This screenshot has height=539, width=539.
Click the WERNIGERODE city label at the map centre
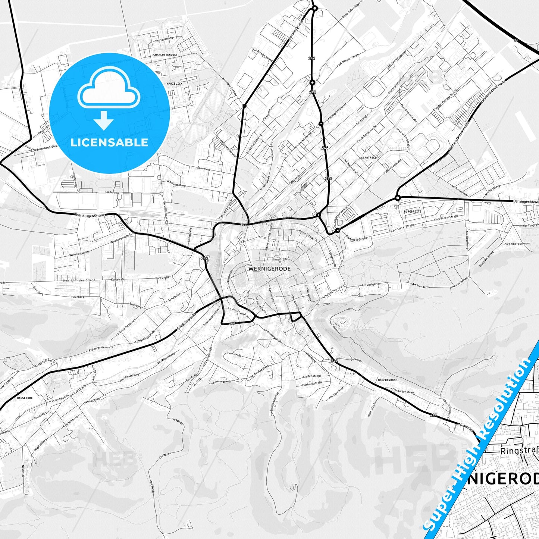coord(269,269)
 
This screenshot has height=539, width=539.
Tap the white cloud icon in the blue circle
coord(109,89)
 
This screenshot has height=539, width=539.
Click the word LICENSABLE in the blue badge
coord(109,142)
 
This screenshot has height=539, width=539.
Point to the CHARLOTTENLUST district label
coord(165,54)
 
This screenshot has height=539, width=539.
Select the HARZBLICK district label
coord(175,84)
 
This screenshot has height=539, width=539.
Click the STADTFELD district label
coord(369,158)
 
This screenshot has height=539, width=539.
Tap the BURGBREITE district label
coord(413,211)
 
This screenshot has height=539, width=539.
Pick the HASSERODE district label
coord(25,398)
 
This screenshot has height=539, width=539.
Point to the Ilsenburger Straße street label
coord(90,215)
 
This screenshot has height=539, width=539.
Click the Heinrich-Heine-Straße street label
coord(79,280)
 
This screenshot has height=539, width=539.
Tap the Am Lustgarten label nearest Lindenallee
coord(371,285)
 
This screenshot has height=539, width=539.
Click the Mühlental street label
coord(466,426)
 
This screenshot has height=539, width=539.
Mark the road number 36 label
coord(516,40)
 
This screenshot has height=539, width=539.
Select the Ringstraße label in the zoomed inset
coord(519,451)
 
